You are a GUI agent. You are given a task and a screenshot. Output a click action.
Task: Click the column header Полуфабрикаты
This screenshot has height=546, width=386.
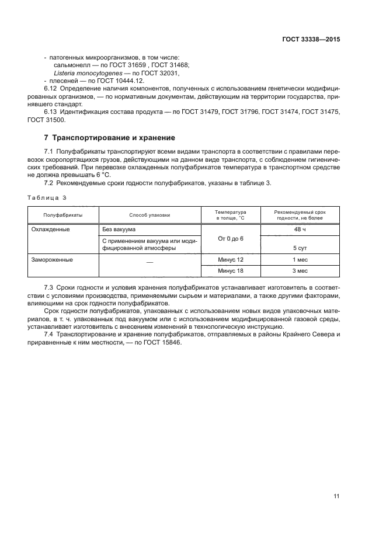(63, 215)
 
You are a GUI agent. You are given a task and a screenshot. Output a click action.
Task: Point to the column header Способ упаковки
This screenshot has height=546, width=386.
(149, 215)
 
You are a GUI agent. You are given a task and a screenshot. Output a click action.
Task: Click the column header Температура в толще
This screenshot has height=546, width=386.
(230, 214)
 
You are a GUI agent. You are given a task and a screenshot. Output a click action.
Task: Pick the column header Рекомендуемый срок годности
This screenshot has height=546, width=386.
(300, 214)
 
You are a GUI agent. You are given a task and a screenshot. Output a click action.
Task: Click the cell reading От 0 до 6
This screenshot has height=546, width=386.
(230, 239)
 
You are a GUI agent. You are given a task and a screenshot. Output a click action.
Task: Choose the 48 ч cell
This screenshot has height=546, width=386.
(300, 229)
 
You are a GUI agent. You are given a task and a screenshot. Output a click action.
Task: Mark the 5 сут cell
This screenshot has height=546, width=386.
(300, 248)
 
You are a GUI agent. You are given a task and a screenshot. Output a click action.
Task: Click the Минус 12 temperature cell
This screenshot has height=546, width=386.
(230, 259)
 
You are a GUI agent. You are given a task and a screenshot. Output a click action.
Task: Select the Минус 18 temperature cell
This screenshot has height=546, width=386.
(230, 270)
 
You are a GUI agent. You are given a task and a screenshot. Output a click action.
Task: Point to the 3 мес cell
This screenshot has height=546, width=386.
(300, 270)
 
